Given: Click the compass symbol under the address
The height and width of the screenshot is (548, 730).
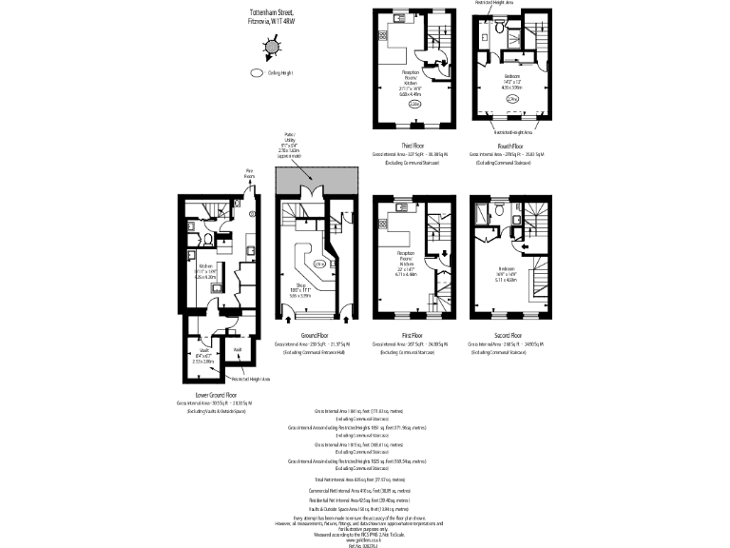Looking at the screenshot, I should click(273, 46).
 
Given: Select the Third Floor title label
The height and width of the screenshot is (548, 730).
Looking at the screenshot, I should click(412, 143).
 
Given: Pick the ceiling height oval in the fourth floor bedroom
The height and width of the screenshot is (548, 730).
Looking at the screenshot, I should click(511, 98).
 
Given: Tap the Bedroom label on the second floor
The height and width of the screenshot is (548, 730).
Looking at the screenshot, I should click(506, 269).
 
